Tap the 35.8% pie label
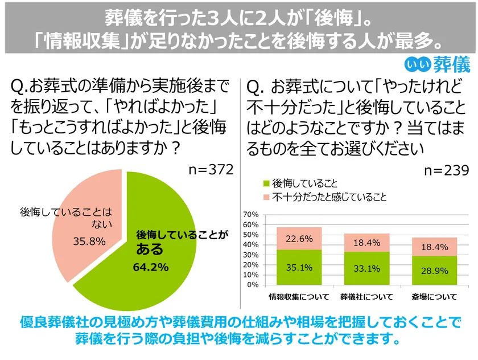[89, 241]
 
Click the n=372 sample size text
[211, 170]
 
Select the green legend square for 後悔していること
[266, 184]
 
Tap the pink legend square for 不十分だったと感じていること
[266, 198]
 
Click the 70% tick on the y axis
[251, 215]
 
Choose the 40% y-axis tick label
[251, 245]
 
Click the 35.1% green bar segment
[299, 267]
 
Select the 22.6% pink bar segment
[299, 239]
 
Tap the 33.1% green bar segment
[366, 268]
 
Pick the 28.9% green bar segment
[434, 271]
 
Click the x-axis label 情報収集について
[299, 297]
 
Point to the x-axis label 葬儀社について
[366, 297]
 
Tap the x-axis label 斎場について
[434, 297]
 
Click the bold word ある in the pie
[150, 249]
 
